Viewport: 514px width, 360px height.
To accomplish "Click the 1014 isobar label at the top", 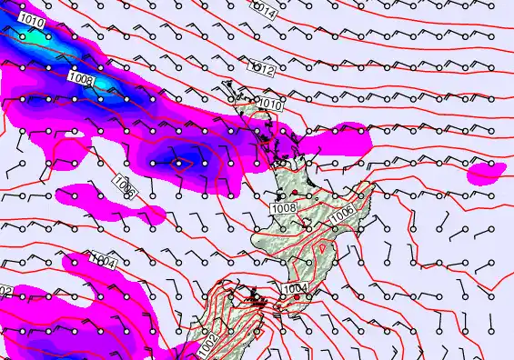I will (x=264, y=11).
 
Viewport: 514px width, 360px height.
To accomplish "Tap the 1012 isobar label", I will (x=262, y=67).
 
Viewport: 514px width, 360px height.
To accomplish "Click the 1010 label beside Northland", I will (x=270, y=105).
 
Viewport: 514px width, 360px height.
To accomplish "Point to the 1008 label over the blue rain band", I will (x=81, y=80).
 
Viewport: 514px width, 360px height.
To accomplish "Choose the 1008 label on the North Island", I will (x=284, y=208).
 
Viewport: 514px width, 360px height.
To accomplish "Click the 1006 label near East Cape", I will (x=343, y=215).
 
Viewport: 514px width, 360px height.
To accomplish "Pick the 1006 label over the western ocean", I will (x=126, y=189).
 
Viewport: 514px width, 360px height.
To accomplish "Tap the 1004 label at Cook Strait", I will (x=296, y=289).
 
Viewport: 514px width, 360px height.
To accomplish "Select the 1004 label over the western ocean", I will (x=105, y=263).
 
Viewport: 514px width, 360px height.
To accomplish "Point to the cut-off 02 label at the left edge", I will (x=5, y=291).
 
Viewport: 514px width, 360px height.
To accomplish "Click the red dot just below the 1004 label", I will (x=297, y=297).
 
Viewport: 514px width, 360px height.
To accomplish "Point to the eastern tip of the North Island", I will (x=374, y=185).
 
